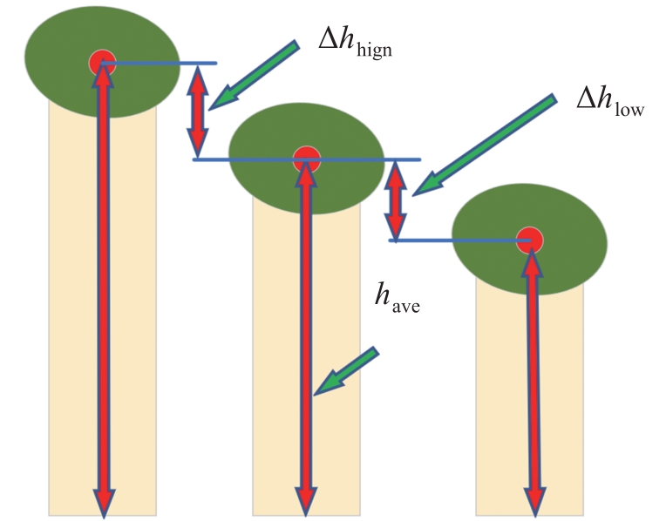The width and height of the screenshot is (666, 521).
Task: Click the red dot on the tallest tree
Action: coord(103,62)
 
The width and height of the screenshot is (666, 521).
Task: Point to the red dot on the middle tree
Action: coord(306,159)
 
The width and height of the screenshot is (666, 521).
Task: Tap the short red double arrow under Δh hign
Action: coord(199,111)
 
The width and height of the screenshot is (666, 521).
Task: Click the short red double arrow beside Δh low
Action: coord(397,201)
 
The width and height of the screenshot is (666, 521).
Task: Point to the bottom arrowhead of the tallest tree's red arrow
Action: coord(104,501)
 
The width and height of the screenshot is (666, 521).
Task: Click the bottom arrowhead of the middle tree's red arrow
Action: coord(306,501)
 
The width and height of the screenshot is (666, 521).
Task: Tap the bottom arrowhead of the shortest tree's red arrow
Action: coord(533,501)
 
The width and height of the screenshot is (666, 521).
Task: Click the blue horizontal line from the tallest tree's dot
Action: coord(166,63)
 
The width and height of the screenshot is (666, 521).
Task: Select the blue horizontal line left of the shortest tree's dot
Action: coord(453,240)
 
